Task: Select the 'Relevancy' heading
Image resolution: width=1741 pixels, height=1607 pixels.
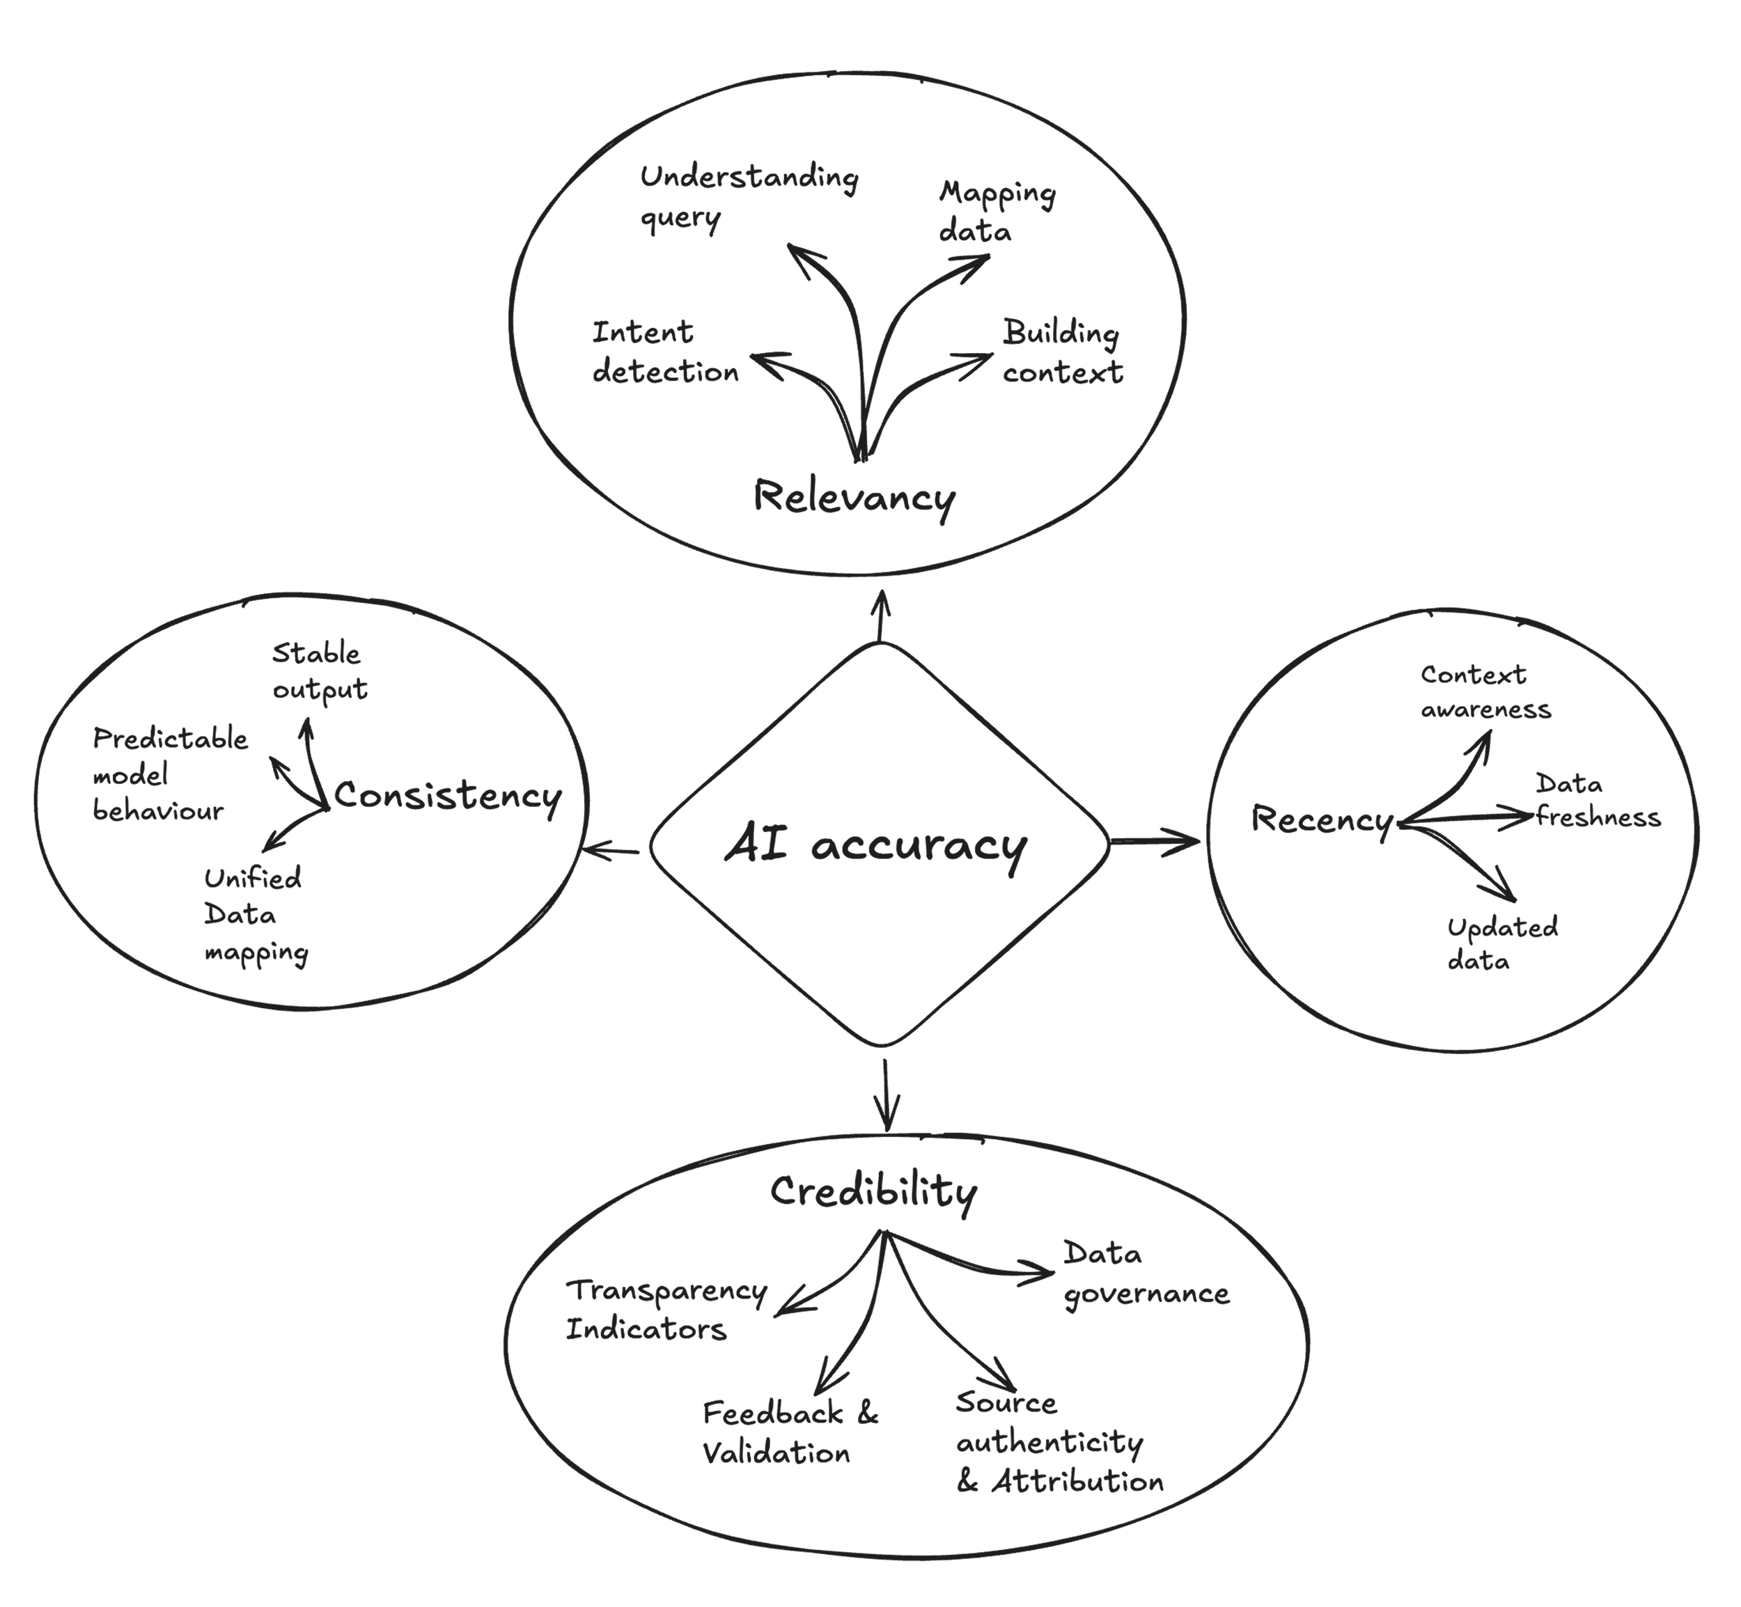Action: [854, 497]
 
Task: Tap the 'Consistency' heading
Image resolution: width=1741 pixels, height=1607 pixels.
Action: [447, 796]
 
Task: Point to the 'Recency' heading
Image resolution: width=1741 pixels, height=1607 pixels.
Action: [1322, 819]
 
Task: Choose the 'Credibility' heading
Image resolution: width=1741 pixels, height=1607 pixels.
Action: [873, 1191]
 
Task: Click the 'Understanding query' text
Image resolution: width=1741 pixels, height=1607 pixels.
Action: [748, 196]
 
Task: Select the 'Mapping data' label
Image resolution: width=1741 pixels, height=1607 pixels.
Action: [996, 211]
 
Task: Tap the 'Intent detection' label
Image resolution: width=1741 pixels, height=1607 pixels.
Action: [665, 352]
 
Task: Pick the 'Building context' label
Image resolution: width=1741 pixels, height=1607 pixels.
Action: [1062, 352]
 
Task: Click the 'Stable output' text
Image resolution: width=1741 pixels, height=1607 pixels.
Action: [319, 671]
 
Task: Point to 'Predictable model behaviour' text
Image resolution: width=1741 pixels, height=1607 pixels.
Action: [170, 775]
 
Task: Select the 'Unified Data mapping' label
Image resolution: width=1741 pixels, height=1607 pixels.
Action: [255, 916]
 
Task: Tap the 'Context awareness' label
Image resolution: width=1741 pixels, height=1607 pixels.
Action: [1485, 692]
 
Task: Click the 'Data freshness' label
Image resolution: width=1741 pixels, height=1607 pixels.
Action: [1597, 801]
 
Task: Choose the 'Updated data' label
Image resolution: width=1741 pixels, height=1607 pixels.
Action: [1501, 943]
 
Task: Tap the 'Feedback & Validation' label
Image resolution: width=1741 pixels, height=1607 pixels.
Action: [790, 1432]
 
